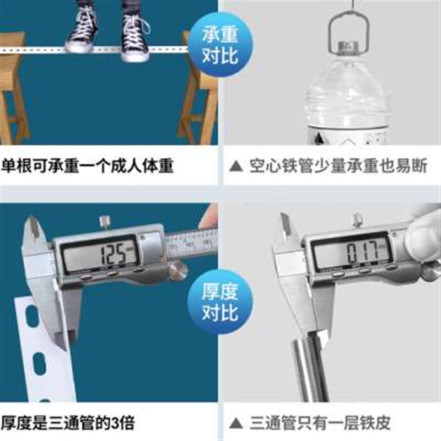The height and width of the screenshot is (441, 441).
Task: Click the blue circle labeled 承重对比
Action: [219, 46]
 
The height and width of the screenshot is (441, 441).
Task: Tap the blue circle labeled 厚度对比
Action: [219, 303]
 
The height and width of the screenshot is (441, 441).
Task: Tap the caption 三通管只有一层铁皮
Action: [320, 423]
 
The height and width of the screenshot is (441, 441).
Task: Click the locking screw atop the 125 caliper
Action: [104, 222]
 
